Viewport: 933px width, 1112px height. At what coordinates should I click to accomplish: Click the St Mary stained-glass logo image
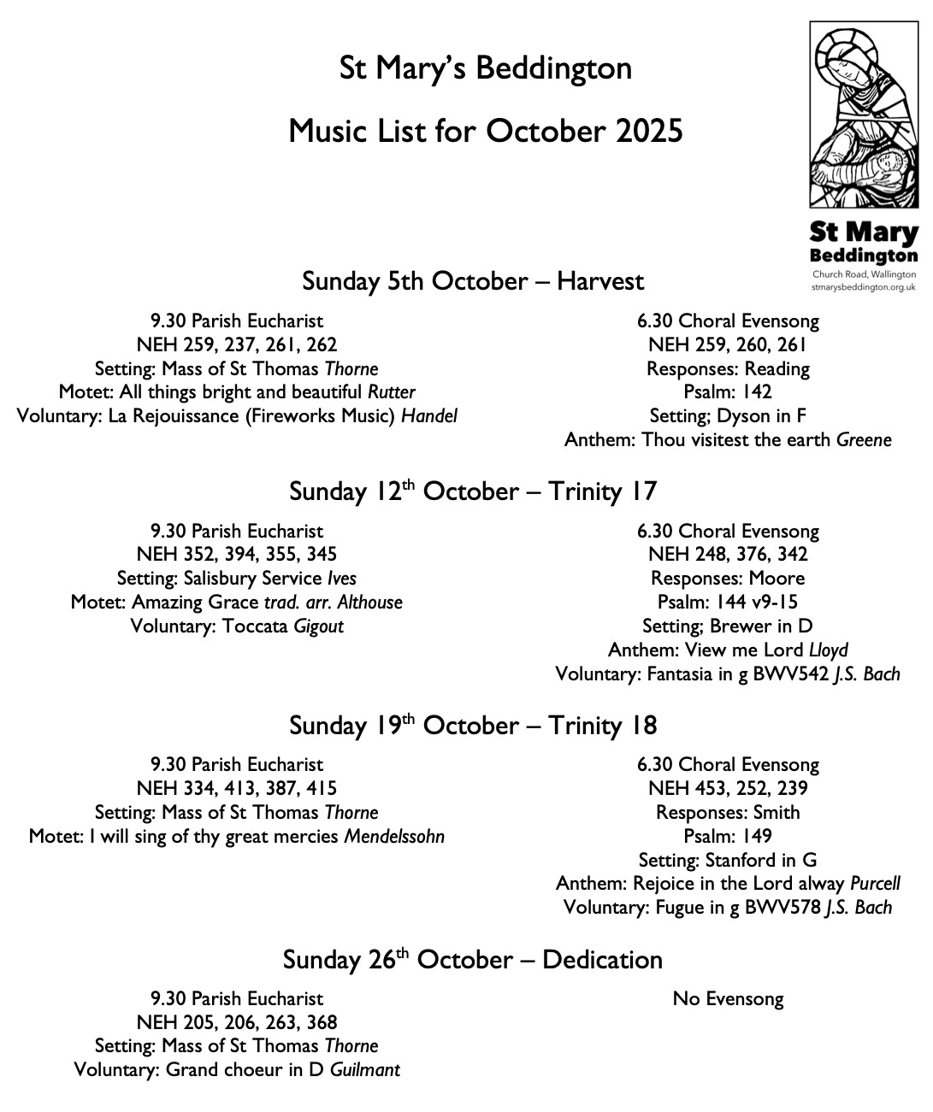pyautogui.click(x=863, y=115)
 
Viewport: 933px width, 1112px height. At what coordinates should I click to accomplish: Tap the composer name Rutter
pyautogui.click(x=392, y=392)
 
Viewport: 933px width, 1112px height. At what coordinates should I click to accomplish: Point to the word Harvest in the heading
pyautogui.click(x=600, y=281)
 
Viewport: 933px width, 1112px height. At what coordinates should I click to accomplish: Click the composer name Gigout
pyautogui.click(x=318, y=627)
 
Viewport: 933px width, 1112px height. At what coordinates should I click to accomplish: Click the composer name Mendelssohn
pyautogui.click(x=394, y=837)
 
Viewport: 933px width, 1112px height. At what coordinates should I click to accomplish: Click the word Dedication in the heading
pyautogui.click(x=602, y=960)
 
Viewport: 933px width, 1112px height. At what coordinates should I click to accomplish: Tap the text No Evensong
pyautogui.click(x=728, y=999)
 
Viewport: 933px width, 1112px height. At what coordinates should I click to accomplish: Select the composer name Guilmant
pyautogui.click(x=365, y=1070)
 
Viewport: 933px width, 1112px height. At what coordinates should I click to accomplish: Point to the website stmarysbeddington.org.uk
pyautogui.click(x=863, y=288)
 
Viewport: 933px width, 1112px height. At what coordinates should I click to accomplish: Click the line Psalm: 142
pyautogui.click(x=728, y=392)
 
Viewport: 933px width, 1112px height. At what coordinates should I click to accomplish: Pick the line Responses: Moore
pyautogui.click(x=728, y=579)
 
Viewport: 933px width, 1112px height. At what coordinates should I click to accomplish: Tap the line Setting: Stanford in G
pyautogui.click(x=728, y=860)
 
